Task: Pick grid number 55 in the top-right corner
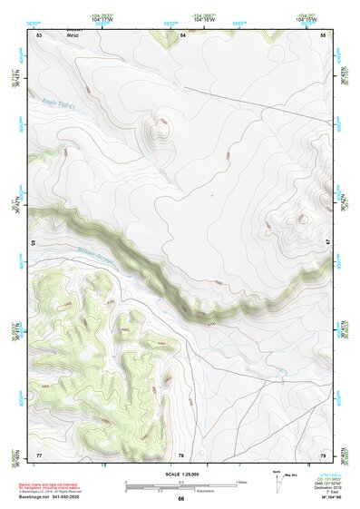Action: tap(323, 34)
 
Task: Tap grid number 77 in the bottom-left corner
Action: tap(39, 454)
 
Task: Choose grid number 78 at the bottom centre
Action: tap(181, 454)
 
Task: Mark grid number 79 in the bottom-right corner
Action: tap(323, 454)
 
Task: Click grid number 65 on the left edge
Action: tap(34, 243)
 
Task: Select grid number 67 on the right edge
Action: tap(327, 243)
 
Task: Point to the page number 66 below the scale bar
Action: tap(180, 498)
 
